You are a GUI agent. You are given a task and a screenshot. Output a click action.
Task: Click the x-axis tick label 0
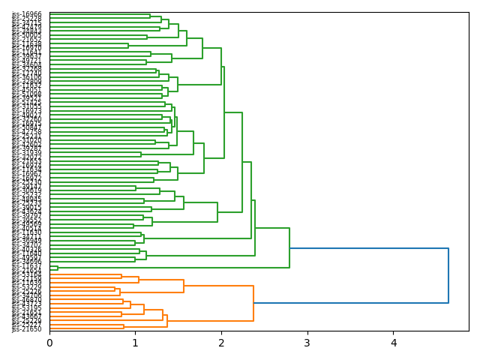point(49,343)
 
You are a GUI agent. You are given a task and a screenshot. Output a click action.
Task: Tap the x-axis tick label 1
point(135,343)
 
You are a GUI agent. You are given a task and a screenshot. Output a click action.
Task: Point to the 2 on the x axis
point(221,343)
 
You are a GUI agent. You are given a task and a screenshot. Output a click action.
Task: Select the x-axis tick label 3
point(307,343)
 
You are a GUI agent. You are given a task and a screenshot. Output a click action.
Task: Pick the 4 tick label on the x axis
point(393,343)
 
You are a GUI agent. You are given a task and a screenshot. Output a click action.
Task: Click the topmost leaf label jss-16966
point(27,14)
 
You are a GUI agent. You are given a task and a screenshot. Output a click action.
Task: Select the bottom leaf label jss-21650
point(27,329)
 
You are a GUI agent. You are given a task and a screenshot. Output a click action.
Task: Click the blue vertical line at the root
point(448,275)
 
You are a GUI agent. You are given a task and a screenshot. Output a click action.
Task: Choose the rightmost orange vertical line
point(253,303)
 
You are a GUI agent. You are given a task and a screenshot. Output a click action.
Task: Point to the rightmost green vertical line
point(289,247)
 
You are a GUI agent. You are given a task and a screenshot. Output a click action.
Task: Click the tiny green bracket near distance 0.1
point(58,268)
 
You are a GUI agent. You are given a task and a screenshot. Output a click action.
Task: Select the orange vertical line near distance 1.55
point(184,286)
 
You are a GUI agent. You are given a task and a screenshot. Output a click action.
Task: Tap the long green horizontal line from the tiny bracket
point(172,268)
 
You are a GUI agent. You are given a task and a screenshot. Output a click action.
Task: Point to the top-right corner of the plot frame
point(469,12)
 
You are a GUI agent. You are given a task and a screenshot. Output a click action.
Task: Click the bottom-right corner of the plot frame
point(469,331)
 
